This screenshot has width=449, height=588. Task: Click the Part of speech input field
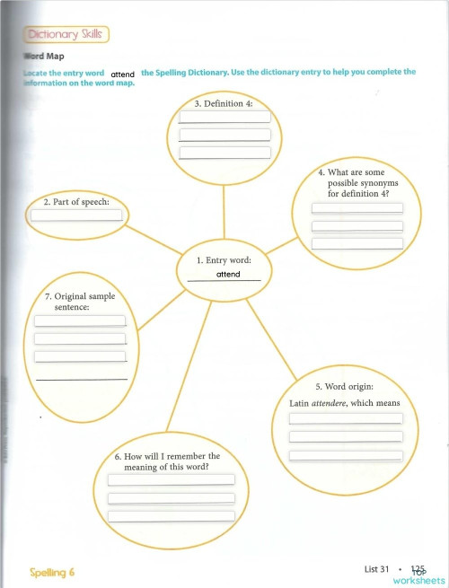point(76,215)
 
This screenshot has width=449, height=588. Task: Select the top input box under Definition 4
point(224,118)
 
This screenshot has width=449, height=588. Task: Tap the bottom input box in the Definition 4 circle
point(224,153)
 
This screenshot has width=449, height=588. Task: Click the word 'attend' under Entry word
point(228,274)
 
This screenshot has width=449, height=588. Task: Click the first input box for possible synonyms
point(357,208)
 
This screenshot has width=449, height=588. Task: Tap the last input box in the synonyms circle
point(357,243)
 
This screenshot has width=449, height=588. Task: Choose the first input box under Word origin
point(346,418)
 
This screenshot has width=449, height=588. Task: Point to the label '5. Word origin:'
point(346,387)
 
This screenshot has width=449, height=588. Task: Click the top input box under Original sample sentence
point(80,320)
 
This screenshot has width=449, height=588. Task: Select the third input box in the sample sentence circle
point(80,356)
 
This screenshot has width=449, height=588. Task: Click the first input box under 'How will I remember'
point(171,479)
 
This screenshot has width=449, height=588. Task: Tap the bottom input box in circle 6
point(171,516)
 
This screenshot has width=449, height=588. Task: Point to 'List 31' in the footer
point(378,569)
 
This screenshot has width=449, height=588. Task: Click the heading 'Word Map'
point(40,57)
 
